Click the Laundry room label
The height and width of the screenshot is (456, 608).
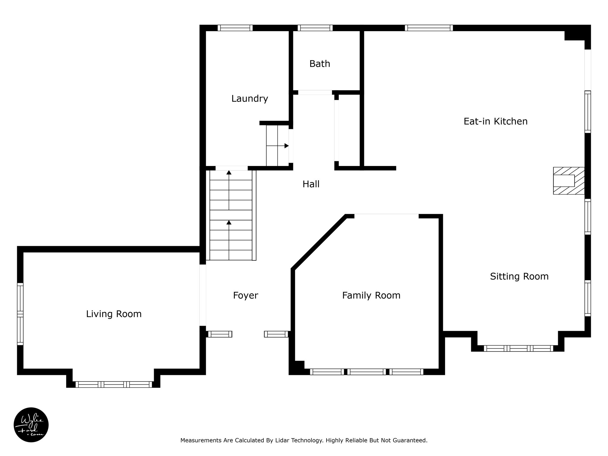250,99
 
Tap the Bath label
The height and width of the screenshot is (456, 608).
320,64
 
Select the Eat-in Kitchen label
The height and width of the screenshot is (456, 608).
495,121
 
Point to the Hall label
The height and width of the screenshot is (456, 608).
311,184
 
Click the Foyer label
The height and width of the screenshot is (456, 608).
246,295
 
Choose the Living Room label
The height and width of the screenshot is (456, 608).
114,314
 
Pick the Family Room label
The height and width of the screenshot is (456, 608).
371,295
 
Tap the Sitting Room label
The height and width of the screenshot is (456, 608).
519,276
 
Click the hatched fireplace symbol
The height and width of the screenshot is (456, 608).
569,181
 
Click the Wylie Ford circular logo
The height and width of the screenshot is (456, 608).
31,425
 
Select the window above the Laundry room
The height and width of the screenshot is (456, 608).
235,28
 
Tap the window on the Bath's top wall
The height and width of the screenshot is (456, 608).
315,28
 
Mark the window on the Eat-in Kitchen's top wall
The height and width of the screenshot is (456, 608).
429,28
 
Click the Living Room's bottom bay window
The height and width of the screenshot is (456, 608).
114,384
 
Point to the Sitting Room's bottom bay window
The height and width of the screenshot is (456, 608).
518,349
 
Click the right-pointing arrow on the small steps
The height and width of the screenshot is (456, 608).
278,146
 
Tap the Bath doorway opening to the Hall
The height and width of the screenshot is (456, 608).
315,93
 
